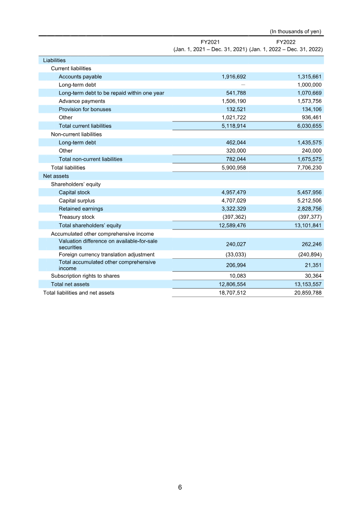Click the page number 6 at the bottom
coord(180,487)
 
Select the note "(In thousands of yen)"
coord(296,32)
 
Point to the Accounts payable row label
coord(80,77)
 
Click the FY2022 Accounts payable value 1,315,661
coord(308,77)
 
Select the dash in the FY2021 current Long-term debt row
coord(243,85)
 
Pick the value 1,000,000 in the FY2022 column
coord(308,85)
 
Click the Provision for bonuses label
coord(85,109)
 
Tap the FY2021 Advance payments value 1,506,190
coord(231,101)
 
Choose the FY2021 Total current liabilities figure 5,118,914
coord(231,126)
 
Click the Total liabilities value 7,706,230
coord(308,167)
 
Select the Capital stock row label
coord(74,192)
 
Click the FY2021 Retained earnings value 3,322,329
coord(231,209)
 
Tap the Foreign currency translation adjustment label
coord(107,254)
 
